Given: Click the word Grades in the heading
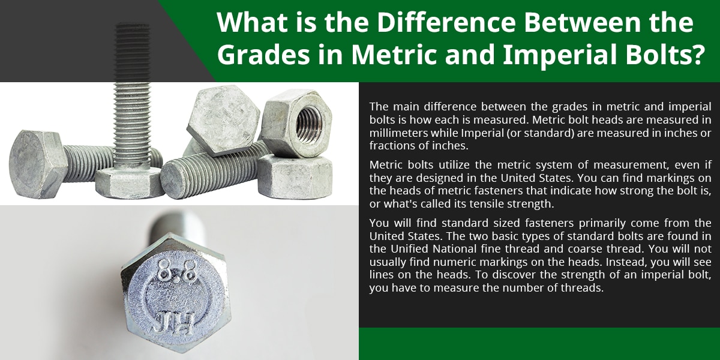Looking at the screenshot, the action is [x=263, y=55].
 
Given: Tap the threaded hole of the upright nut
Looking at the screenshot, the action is [x=308, y=123].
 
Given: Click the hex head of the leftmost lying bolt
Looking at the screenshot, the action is [x=38, y=164].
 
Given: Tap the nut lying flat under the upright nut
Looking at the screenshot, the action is [x=295, y=176].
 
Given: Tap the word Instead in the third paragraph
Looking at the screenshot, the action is [x=626, y=262].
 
